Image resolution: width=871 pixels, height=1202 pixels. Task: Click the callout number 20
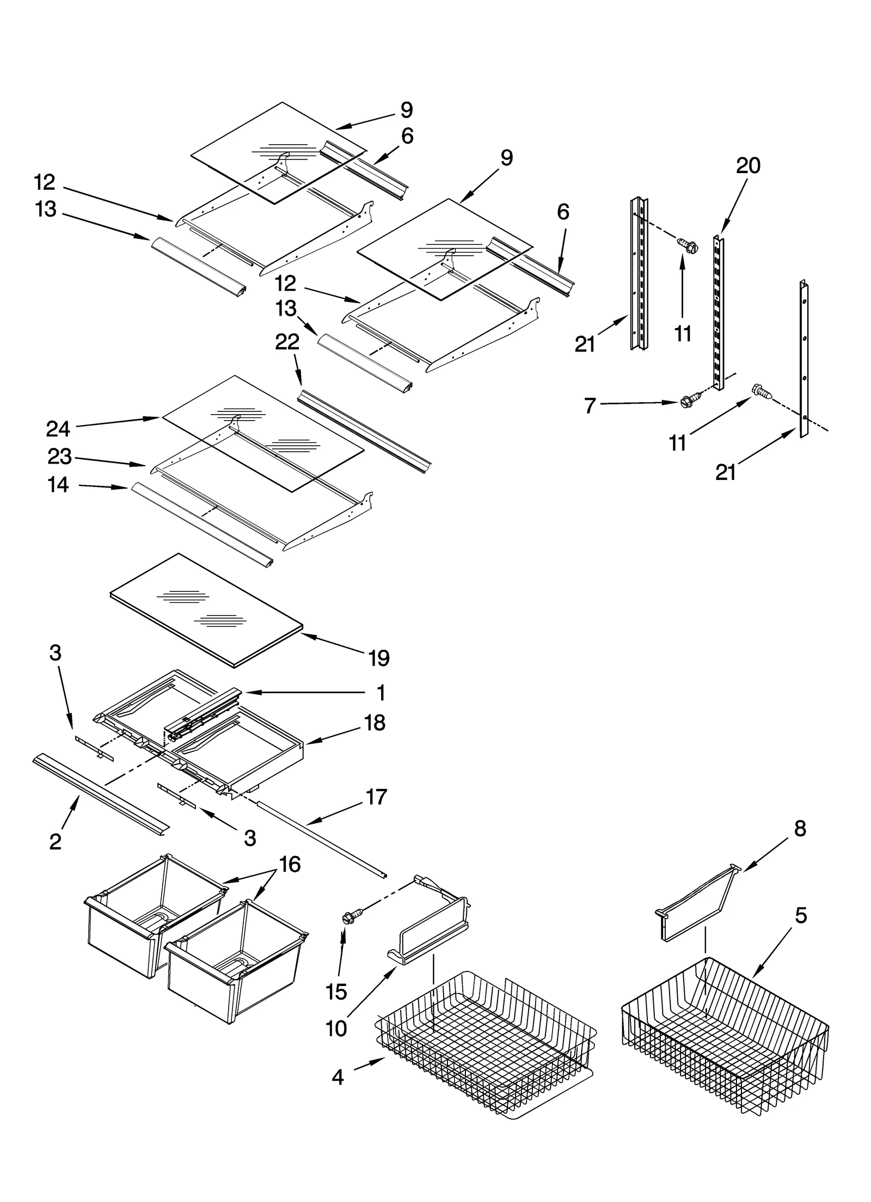click(x=748, y=165)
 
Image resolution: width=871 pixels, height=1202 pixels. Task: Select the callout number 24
click(x=58, y=429)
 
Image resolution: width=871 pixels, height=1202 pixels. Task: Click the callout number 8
click(x=800, y=829)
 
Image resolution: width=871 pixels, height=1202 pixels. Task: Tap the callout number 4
click(x=338, y=1077)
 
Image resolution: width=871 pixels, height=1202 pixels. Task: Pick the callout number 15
click(x=336, y=992)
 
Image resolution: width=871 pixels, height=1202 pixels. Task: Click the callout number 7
click(x=590, y=405)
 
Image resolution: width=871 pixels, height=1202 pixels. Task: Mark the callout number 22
click(x=287, y=342)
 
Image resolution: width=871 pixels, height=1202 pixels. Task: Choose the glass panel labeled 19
click(x=207, y=609)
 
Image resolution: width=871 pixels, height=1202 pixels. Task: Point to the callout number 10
click(x=336, y=1028)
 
